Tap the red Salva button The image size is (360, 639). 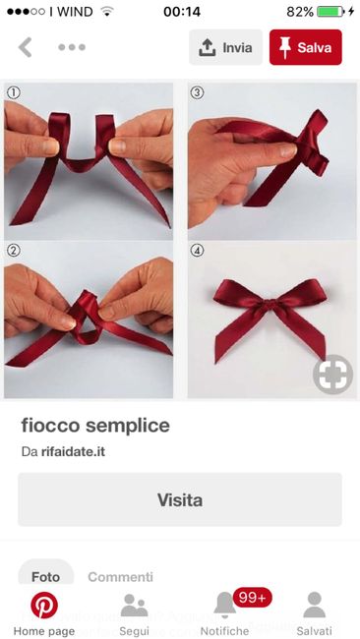click(x=305, y=47)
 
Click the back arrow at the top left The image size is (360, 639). click(x=26, y=47)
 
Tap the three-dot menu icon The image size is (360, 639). click(x=72, y=47)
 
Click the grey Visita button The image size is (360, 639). click(x=180, y=499)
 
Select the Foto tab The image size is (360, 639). click(x=45, y=577)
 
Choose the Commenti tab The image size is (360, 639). click(x=121, y=577)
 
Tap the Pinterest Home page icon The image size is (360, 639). click(x=44, y=606)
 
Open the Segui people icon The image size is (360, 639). click(x=134, y=606)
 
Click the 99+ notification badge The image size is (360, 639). click(x=253, y=598)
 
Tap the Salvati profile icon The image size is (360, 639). click(x=315, y=605)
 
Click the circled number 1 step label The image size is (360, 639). click(x=14, y=93)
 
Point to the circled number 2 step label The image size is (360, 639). click(x=14, y=251)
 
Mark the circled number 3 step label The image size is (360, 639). click(x=197, y=93)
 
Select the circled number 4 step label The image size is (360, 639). click(x=197, y=251)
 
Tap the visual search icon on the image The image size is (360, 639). click(x=333, y=375)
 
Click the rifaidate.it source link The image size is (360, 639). click(x=73, y=452)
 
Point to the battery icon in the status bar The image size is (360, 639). click(x=330, y=12)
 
